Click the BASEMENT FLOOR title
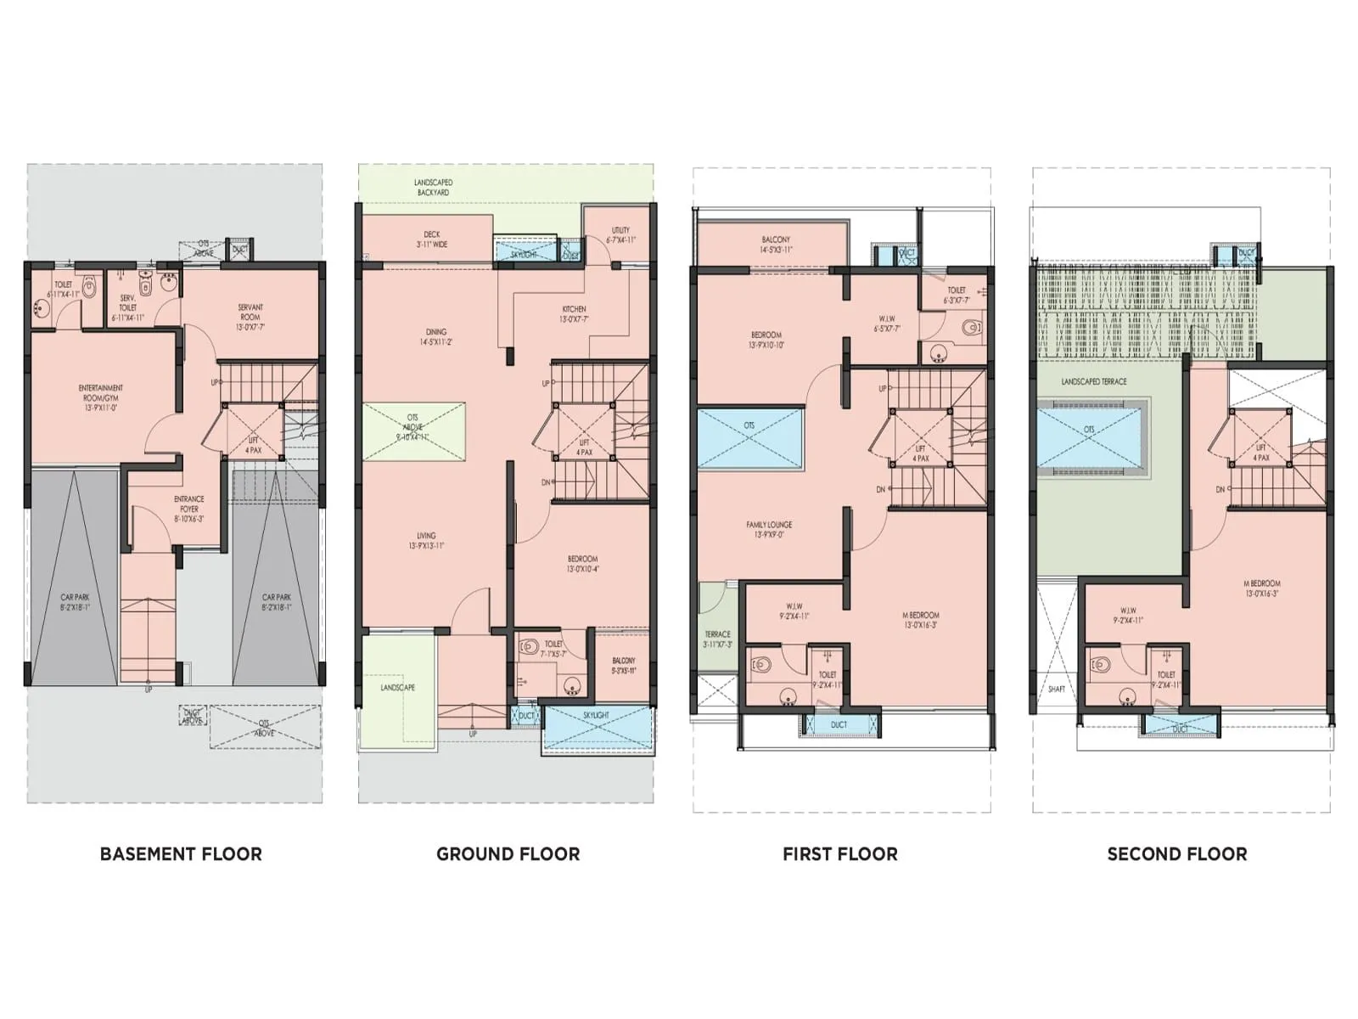coord(181,854)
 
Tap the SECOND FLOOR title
coord(1176,854)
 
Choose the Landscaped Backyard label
coord(433,188)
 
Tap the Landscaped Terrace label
coord(1093,382)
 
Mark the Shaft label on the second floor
coord(1056,689)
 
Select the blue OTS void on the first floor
coord(749,438)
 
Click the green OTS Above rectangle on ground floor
coord(413,431)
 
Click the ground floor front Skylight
coord(598,727)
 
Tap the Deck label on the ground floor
coord(432,239)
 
